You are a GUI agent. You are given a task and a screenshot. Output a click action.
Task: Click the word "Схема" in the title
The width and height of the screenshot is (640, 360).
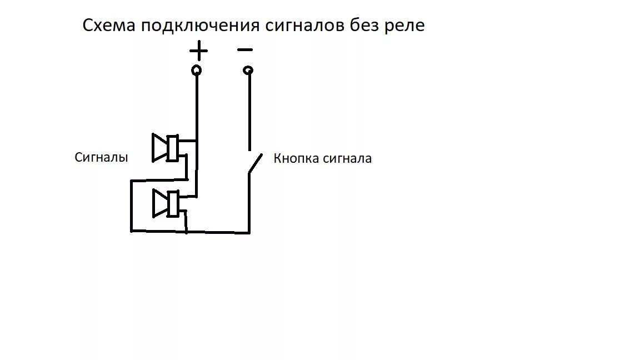click(x=109, y=26)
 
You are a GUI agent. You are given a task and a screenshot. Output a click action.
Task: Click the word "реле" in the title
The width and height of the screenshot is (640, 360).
click(x=404, y=26)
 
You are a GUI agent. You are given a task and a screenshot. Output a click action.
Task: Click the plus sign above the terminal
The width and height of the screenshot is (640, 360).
click(x=198, y=52)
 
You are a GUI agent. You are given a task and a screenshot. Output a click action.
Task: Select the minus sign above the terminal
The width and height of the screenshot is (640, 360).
click(x=245, y=50)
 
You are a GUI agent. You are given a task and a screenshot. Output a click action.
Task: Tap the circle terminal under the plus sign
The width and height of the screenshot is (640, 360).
click(x=196, y=70)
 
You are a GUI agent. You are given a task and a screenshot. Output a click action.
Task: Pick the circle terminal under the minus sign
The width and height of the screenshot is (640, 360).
click(x=248, y=70)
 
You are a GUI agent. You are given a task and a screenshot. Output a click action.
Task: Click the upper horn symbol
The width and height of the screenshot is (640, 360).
click(x=165, y=148)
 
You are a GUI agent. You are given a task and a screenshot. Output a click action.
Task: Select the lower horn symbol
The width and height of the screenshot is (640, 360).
click(x=166, y=203)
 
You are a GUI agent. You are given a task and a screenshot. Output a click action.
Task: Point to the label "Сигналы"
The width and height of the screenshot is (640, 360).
click(x=101, y=157)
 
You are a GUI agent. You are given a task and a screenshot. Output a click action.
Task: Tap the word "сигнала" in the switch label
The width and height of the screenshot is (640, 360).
click(x=348, y=159)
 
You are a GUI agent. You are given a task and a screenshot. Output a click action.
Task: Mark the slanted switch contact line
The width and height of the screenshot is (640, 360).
click(x=254, y=163)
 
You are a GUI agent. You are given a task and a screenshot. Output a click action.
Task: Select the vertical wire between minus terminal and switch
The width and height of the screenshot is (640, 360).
click(x=249, y=111)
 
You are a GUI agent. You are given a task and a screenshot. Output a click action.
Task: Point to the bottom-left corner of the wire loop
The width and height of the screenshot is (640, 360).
click(x=131, y=231)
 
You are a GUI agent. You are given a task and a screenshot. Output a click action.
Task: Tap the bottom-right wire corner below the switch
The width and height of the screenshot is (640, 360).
click(x=249, y=232)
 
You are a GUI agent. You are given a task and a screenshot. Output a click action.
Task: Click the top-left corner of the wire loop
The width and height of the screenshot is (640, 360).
click(x=131, y=180)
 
